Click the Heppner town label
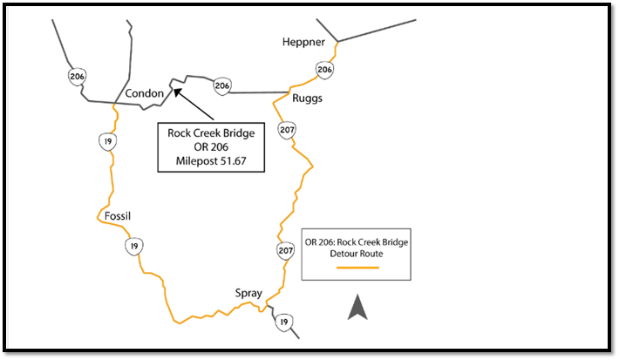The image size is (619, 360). (303, 42)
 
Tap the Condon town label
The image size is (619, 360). (145, 93)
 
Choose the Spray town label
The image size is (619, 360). (248, 294)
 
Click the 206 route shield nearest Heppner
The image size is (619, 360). (325, 69)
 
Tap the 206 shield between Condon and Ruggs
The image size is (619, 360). (222, 85)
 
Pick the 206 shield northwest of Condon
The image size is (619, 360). (77, 77)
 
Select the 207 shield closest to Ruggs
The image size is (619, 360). (287, 131)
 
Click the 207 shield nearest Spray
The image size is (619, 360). (285, 251)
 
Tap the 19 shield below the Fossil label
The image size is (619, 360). (133, 247)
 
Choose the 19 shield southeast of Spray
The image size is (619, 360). (282, 323)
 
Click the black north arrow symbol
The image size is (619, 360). (357, 308)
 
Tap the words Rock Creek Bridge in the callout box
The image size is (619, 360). (210, 132)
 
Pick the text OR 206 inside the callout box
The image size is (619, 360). (210, 147)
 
